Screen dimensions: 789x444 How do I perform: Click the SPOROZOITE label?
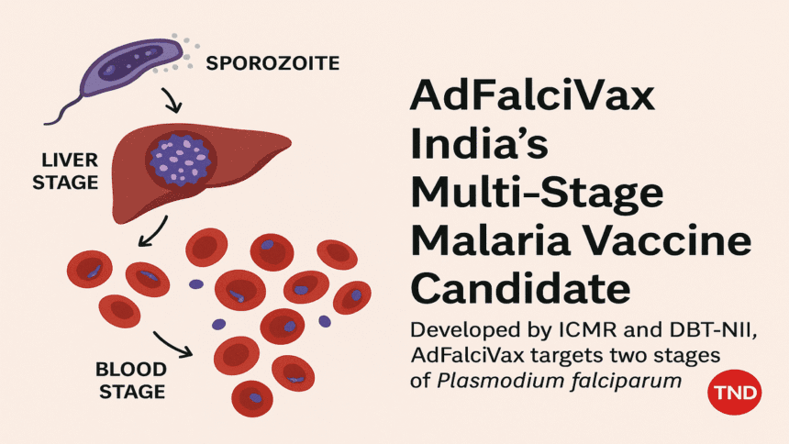click(x=272, y=63)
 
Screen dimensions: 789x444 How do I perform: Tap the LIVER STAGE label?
click(x=65, y=172)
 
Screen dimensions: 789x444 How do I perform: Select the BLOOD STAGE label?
click(x=132, y=380)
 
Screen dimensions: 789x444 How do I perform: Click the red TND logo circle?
click(x=735, y=392)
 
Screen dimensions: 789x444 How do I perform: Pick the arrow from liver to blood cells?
click(x=153, y=231)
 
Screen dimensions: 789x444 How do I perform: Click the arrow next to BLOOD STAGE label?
click(x=173, y=344)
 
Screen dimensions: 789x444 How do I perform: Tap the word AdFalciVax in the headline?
click(x=532, y=94)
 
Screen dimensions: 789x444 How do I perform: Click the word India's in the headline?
click(x=479, y=143)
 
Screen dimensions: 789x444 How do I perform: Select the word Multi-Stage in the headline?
click(x=538, y=194)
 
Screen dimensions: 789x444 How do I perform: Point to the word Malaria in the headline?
click(x=491, y=240)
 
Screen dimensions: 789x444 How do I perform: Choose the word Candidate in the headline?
click(x=521, y=288)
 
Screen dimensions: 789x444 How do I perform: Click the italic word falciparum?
click(x=626, y=382)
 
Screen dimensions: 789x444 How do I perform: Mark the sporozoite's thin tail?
click(x=64, y=110)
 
